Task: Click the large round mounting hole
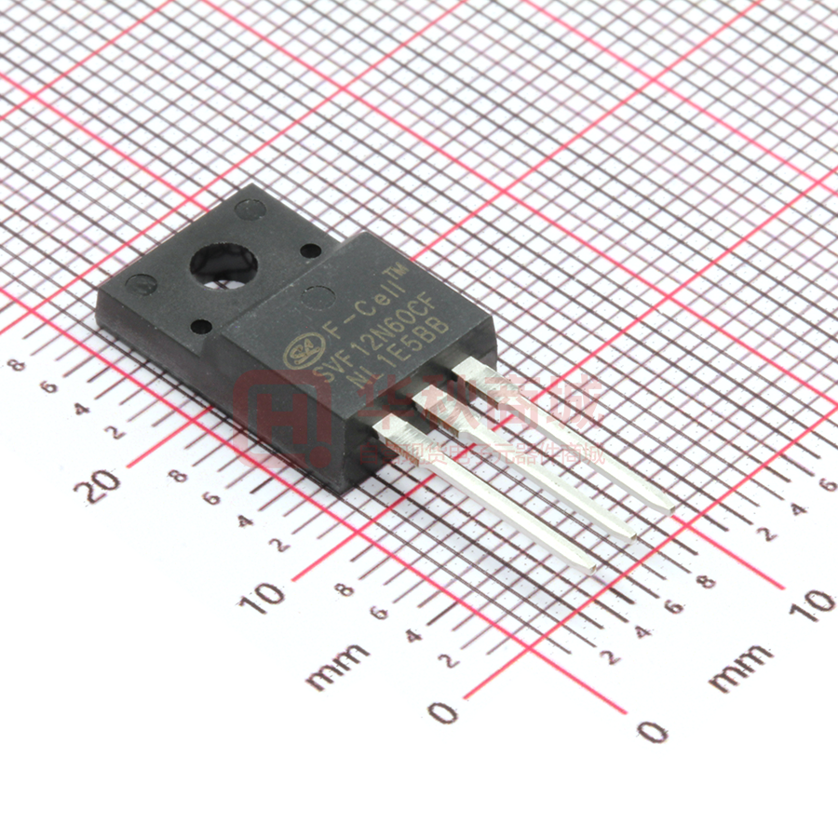(x=224, y=264)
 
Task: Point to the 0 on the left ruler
(x=444, y=712)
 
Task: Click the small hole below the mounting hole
(x=199, y=326)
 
